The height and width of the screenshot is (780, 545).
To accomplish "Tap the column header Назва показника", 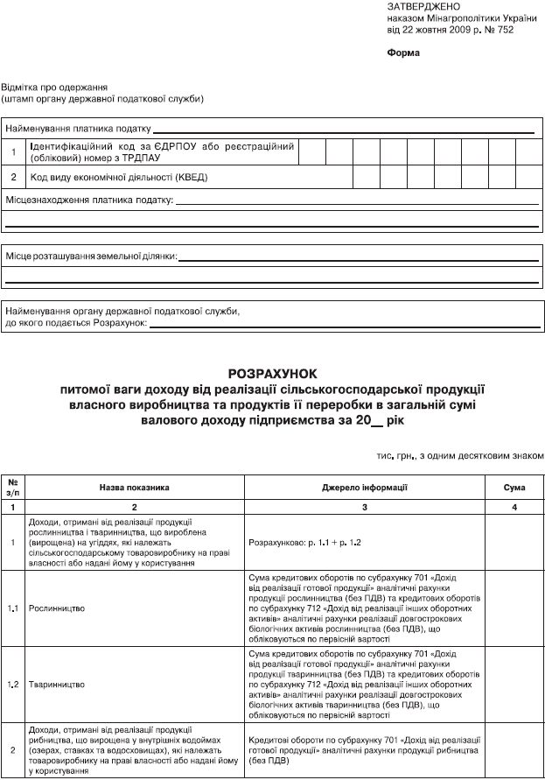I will [x=134, y=486].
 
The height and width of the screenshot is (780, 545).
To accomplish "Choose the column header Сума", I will [x=515, y=486].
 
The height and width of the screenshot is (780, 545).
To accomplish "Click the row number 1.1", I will [x=13, y=607].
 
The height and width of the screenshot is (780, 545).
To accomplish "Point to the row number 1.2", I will [x=13, y=682].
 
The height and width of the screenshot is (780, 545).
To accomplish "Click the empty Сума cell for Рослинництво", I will [x=515, y=607].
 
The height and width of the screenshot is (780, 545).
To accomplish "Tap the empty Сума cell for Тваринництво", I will [x=515, y=682].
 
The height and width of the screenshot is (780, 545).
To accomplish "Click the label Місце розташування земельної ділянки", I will [x=90, y=256].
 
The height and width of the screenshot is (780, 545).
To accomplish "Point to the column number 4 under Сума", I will [x=515, y=507].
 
